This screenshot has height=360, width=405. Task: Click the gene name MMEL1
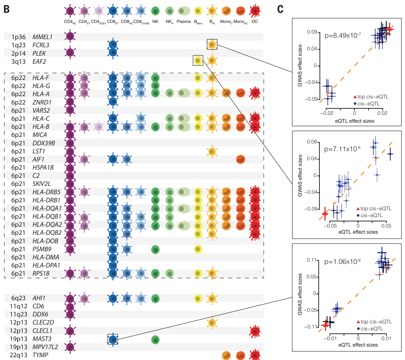(42, 37)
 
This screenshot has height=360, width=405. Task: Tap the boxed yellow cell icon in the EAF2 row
(198, 60)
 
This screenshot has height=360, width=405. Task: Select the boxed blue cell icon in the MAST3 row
(113, 339)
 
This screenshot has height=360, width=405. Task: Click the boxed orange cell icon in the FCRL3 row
(212, 44)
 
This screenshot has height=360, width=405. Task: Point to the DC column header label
(255, 22)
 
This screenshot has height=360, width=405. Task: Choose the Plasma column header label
(184, 22)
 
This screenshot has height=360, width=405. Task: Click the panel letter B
(6, 9)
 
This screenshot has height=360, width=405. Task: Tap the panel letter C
(280, 9)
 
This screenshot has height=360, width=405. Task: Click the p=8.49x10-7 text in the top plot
(343, 35)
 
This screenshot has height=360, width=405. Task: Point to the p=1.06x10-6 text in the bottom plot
(342, 262)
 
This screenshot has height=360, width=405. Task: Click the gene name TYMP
(40, 355)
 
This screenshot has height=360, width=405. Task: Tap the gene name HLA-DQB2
(47, 233)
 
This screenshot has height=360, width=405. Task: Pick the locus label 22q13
(18, 355)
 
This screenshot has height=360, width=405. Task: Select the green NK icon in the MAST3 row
(155, 340)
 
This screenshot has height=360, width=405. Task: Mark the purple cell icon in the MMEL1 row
(70, 36)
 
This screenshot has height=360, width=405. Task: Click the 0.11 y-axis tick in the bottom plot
(312, 260)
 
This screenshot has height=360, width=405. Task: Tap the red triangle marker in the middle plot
(325, 213)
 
